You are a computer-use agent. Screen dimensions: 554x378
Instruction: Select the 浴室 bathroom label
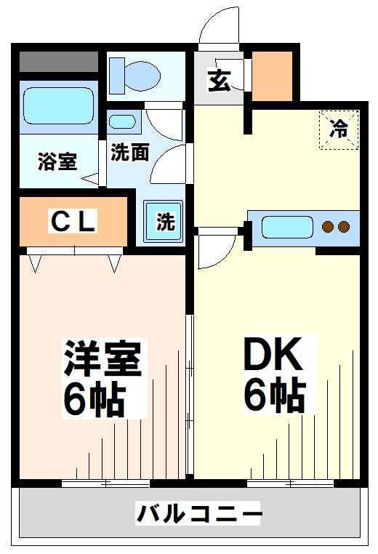(57, 160)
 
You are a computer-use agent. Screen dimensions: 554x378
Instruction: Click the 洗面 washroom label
(130, 153)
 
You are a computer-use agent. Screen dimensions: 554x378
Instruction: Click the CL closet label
(73, 222)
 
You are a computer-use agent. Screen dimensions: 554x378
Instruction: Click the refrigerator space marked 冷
(339, 128)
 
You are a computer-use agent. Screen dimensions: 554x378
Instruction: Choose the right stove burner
(343, 227)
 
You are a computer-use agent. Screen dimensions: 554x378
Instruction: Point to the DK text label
(272, 356)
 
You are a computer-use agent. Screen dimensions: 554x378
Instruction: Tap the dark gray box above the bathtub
(57, 62)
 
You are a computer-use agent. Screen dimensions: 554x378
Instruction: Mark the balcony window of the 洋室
(106, 483)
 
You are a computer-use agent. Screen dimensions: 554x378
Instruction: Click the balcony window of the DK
(290, 483)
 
